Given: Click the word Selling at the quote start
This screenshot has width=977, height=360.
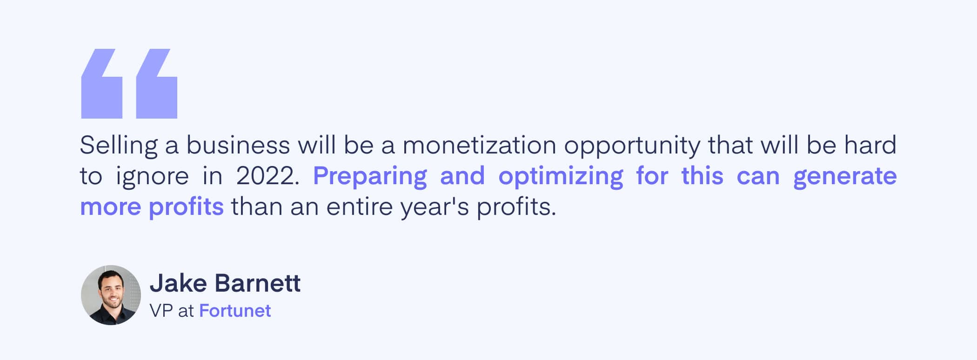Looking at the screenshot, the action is (119, 146).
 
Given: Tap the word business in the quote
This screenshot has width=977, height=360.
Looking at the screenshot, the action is (238, 145).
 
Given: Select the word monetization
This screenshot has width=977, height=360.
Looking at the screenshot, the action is (479, 145).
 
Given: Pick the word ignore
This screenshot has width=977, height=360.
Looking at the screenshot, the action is (152, 177).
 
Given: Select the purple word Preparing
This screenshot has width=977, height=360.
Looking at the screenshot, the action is (370, 177).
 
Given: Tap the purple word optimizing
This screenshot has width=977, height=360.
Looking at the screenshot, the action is (561, 177).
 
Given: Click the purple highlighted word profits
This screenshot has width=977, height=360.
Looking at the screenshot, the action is (186, 207).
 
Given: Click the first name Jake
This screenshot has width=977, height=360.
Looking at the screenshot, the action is (178, 283).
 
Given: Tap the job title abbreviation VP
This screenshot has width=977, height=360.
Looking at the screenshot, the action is (161, 311).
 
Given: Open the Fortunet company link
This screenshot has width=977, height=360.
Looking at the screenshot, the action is (235, 311).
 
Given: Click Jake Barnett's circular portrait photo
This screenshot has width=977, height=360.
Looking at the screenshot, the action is (111, 295).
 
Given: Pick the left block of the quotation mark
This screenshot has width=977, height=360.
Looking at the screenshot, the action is (101, 84).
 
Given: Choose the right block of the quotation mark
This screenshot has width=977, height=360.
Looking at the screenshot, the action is (156, 84).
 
